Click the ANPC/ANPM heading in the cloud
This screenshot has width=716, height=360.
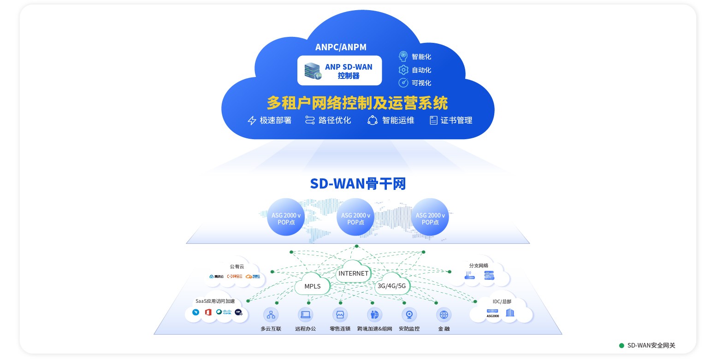click(x=341, y=47)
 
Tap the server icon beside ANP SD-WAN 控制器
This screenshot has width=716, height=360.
click(x=313, y=71)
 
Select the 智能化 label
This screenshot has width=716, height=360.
click(x=421, y=57)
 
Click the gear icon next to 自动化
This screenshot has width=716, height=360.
click(x=403, y=70)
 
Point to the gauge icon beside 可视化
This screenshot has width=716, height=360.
click(x=403, y=83)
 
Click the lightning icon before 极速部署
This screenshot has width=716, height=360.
click(x=252, y=121)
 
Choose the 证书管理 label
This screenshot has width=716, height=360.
click(x=456, y=120)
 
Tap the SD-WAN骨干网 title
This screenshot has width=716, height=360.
click(x=358, y=183)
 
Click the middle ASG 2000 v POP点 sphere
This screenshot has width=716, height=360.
click(x=355, y=217)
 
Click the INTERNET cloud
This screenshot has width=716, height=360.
click(x=354, y=273)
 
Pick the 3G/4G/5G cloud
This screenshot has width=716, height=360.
click(x=391, y=285)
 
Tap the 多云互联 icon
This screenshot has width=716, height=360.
click(x=271, y=315)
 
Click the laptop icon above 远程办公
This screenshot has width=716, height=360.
click(x=305, y=315)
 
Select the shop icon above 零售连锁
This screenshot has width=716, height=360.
click(x=340, y=315)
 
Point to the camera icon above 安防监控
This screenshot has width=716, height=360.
click(x=409, y=315)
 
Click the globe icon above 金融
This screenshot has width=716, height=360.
click(x=444, y=315)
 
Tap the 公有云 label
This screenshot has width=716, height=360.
click(x=237, y=266)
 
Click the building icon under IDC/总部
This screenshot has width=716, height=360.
click(x=509, y=313)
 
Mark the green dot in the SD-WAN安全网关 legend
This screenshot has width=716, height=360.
click(x=621, y=345)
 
